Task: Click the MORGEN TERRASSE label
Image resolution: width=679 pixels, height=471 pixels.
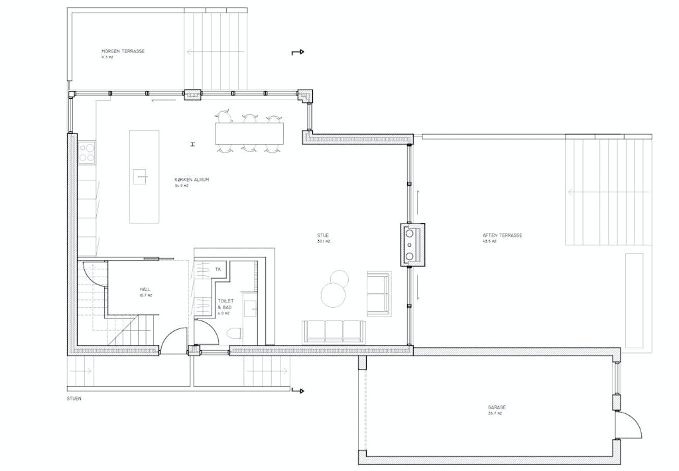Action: pos(123,52)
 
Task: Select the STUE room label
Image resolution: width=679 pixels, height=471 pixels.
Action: pos(324,235)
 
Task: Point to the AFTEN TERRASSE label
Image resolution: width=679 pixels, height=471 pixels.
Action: pos(503,235)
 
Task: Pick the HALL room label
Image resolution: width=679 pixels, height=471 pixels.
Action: pos(145,290)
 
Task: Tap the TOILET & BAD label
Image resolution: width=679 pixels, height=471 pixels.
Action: pos(225,304)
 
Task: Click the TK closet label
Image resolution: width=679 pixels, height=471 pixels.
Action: pos(217,269)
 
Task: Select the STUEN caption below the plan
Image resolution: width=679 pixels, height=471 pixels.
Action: pos(74,399)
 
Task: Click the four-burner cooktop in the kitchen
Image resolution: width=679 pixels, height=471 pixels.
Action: pos(87,153)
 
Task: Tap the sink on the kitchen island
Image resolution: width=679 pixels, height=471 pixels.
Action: pos(141,176)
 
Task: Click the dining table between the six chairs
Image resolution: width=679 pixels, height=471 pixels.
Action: pos(249,133)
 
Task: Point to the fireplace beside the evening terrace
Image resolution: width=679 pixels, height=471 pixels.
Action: pos(413,243)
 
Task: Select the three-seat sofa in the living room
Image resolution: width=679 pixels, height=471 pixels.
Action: pos(333,330)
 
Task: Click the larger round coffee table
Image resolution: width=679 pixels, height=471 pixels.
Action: pos(332,293)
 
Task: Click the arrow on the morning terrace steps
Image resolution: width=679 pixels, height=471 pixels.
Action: pos(199,51)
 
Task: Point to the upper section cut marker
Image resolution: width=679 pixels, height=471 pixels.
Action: pos(298,52)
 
